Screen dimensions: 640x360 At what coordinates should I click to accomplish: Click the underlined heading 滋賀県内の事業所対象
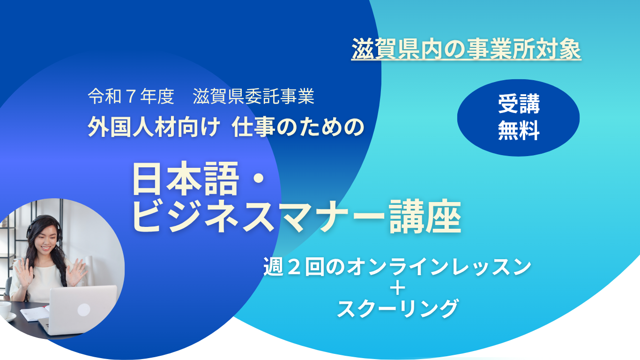tap(466, 49)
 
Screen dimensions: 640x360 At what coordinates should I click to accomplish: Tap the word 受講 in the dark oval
tap(519, 104)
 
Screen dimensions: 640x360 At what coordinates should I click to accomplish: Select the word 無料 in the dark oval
tap(519, 130)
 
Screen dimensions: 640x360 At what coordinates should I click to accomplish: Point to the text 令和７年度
tap(131, 96)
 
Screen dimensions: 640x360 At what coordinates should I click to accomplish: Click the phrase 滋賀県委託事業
tap(253, 96)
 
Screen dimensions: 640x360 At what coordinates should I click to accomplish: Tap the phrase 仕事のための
tap(298, 127)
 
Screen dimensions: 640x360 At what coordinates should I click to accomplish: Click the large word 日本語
tap(185, 178)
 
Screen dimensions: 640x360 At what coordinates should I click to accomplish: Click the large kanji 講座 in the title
tap(425, 217)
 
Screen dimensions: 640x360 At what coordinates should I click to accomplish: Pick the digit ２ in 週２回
tap(294, 267)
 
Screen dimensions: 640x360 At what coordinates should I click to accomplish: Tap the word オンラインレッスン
tap(439, 267)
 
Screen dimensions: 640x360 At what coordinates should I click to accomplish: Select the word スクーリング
tap(398, 308)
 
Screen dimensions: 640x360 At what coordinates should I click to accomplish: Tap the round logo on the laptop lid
tap(84, 310)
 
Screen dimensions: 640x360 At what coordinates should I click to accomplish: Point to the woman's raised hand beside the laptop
tap(76, 272)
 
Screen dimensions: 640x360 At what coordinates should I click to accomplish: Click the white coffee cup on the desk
tap(5, 310)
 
